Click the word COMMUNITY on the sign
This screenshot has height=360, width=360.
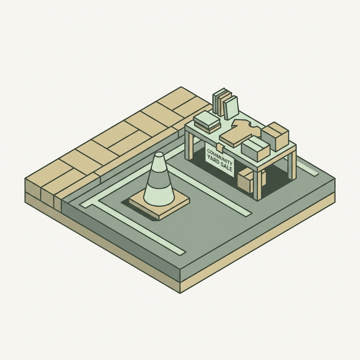tap(219, 156)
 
